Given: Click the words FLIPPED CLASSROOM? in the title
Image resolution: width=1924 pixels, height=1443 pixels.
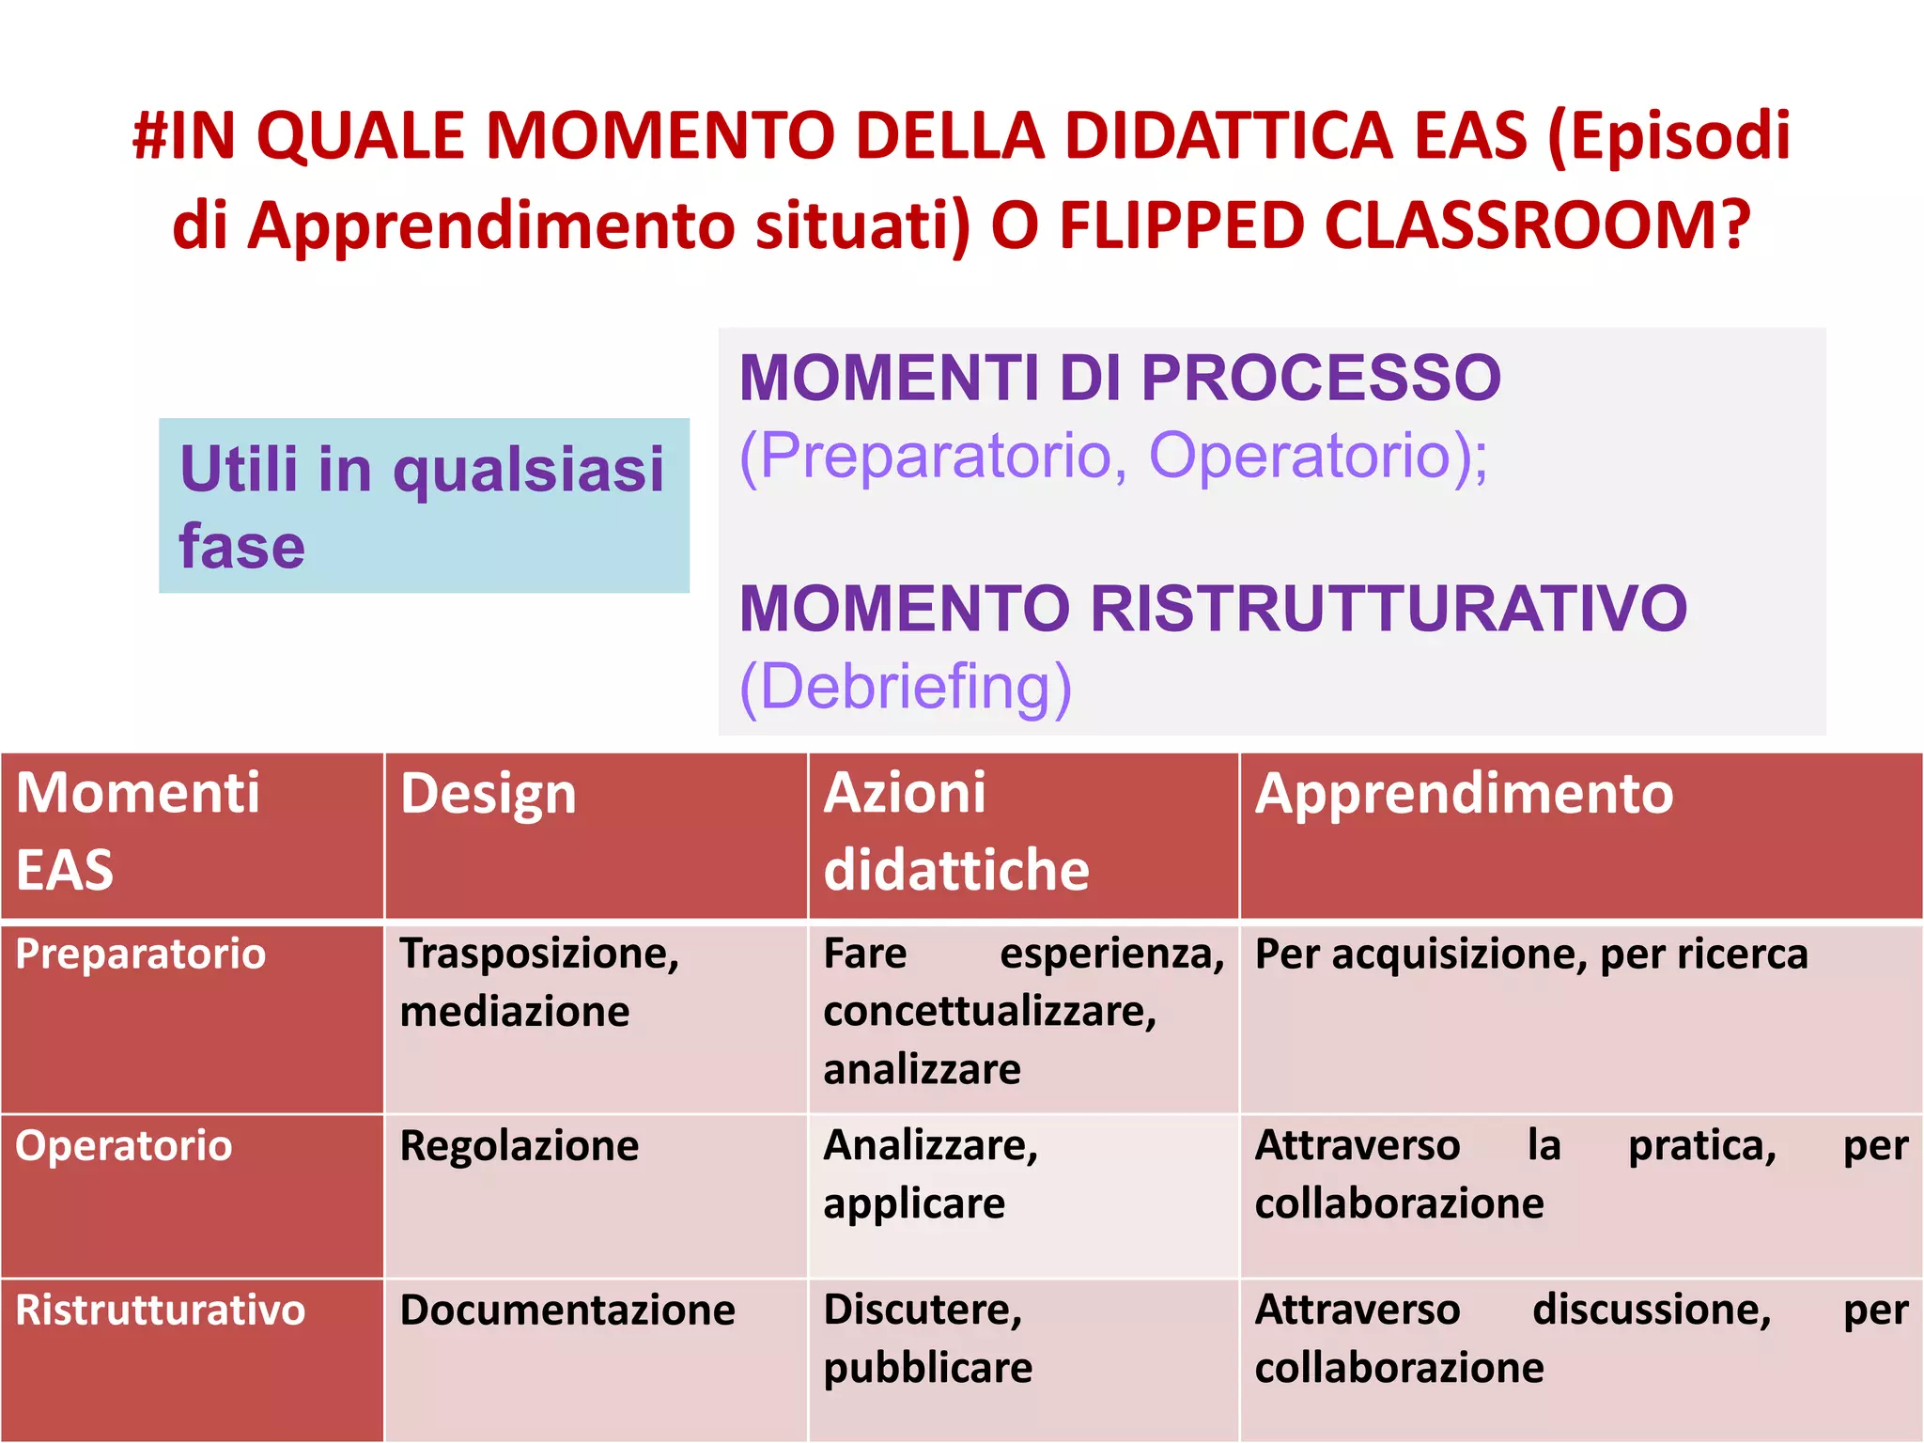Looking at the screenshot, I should (1404, 225).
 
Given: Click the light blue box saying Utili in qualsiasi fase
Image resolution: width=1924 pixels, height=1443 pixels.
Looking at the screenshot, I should (424, 505).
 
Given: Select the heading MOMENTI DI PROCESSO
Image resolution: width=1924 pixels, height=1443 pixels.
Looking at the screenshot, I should (1120, 378).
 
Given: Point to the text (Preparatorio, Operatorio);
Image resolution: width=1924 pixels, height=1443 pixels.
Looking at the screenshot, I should (1113, 457).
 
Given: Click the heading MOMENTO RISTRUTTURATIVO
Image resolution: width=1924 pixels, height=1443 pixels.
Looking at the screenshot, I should (1213, 609).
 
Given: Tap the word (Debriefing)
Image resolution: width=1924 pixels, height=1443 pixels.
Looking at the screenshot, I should (906, 687).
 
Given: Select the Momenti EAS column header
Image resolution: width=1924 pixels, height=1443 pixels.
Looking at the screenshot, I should (138, 830).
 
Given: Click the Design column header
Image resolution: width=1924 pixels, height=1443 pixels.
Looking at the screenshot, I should (489, 795).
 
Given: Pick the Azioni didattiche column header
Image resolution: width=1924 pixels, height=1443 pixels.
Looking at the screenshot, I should (955, 830).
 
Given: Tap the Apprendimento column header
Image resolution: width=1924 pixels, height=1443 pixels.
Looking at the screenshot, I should (1464, 794).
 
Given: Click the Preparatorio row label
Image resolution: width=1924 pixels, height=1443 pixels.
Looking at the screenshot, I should (141, 954).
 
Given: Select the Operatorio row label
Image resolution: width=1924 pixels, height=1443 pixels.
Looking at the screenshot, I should (124, 1146).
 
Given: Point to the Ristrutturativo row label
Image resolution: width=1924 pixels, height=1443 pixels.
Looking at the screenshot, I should (161, 1311).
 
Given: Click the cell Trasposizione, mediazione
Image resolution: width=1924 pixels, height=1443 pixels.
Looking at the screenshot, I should (538, 983).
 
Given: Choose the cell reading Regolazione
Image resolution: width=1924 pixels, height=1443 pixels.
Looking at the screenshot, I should (520, 1146).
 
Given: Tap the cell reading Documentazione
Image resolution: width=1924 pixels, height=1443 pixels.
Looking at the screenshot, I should (567, 1311).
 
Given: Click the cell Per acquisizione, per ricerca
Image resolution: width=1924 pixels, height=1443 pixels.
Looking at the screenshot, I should (1530, 954).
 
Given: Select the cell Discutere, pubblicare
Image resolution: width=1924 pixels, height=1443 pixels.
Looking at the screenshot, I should (927, 1339).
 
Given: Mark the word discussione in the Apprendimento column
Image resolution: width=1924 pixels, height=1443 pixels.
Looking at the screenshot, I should (1652, 1310).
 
